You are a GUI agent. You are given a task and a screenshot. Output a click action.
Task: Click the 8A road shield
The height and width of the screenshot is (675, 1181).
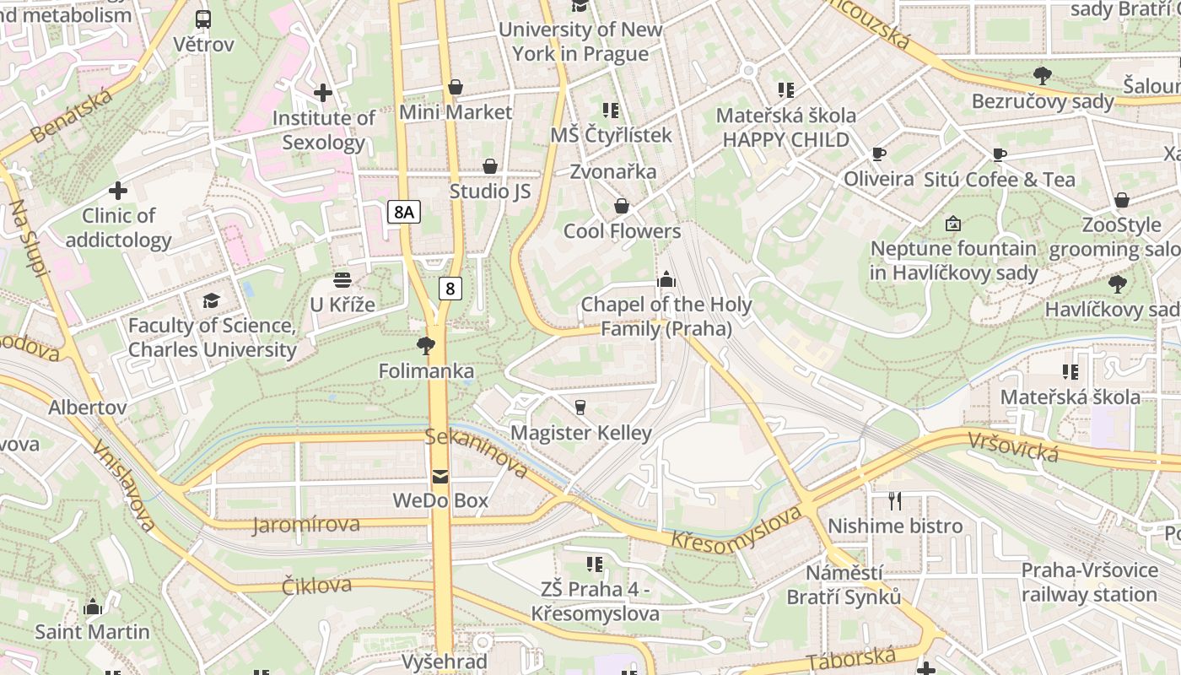(x=404, y=211)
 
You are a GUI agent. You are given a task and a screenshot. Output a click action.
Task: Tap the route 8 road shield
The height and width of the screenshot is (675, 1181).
(x=450, y=289)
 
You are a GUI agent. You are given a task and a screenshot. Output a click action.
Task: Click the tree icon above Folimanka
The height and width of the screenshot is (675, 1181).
(x=426, y=345)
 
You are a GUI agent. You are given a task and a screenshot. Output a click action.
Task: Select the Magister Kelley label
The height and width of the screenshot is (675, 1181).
(x=582, y=433)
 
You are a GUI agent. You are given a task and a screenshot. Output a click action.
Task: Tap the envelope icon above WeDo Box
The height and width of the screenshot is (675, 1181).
(x=440, y=477)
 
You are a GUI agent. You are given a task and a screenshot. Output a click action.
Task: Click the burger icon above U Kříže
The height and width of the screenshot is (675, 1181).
(x=342, y=279)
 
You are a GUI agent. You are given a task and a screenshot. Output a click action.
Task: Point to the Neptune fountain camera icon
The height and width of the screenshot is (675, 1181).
(x=953, y=224)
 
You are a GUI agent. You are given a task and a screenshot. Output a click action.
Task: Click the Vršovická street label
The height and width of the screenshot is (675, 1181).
(x=1012, y=446)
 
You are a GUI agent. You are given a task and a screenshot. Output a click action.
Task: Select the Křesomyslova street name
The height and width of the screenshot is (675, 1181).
(x=736, y=529)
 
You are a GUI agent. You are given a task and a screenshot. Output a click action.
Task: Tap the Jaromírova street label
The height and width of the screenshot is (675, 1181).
(x=305, y=525)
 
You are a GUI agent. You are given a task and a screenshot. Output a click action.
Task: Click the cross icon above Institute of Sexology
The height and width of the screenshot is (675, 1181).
(x=322, y=93)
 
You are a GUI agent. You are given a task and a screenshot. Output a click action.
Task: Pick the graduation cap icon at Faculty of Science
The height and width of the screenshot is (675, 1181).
(x=211, y=300)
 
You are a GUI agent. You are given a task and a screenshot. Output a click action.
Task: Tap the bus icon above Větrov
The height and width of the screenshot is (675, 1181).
(x=203, y=19)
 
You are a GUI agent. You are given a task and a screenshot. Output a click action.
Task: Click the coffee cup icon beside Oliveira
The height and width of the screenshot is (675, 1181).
(x=878, y=154)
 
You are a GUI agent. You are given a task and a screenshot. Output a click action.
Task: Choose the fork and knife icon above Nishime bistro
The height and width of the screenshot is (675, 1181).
(x=895, y=501)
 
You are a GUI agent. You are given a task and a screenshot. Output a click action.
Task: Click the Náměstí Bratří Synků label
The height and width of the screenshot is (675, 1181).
(x=844, y=585)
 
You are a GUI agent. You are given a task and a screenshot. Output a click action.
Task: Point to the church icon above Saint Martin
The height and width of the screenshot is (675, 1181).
(x=93, y=607)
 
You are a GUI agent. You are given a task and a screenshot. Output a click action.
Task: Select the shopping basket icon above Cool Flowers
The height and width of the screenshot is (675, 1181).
(x=622, y=206)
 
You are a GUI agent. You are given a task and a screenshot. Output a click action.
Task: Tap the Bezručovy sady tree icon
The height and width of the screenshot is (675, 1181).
(x=1043, y=75)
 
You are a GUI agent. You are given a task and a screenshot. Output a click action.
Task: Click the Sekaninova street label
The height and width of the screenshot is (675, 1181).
(x=477, y=452)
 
